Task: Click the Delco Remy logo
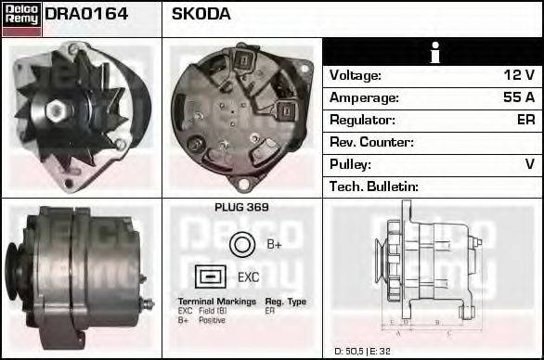[21, 18]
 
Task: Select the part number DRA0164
[86, 15]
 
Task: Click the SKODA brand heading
[201, 15]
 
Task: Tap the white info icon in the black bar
[433, 53]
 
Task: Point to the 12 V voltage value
[518, 75]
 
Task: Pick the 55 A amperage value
[518, 97]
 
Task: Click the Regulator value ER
[525, 120]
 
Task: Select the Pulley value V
[529, 164]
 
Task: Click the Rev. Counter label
[371, 142]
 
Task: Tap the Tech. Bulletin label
[374, 186]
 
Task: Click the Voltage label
[356, 75]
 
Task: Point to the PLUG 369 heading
[241, 208]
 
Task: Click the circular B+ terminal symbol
[241, 245]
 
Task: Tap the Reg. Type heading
[285, 302]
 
